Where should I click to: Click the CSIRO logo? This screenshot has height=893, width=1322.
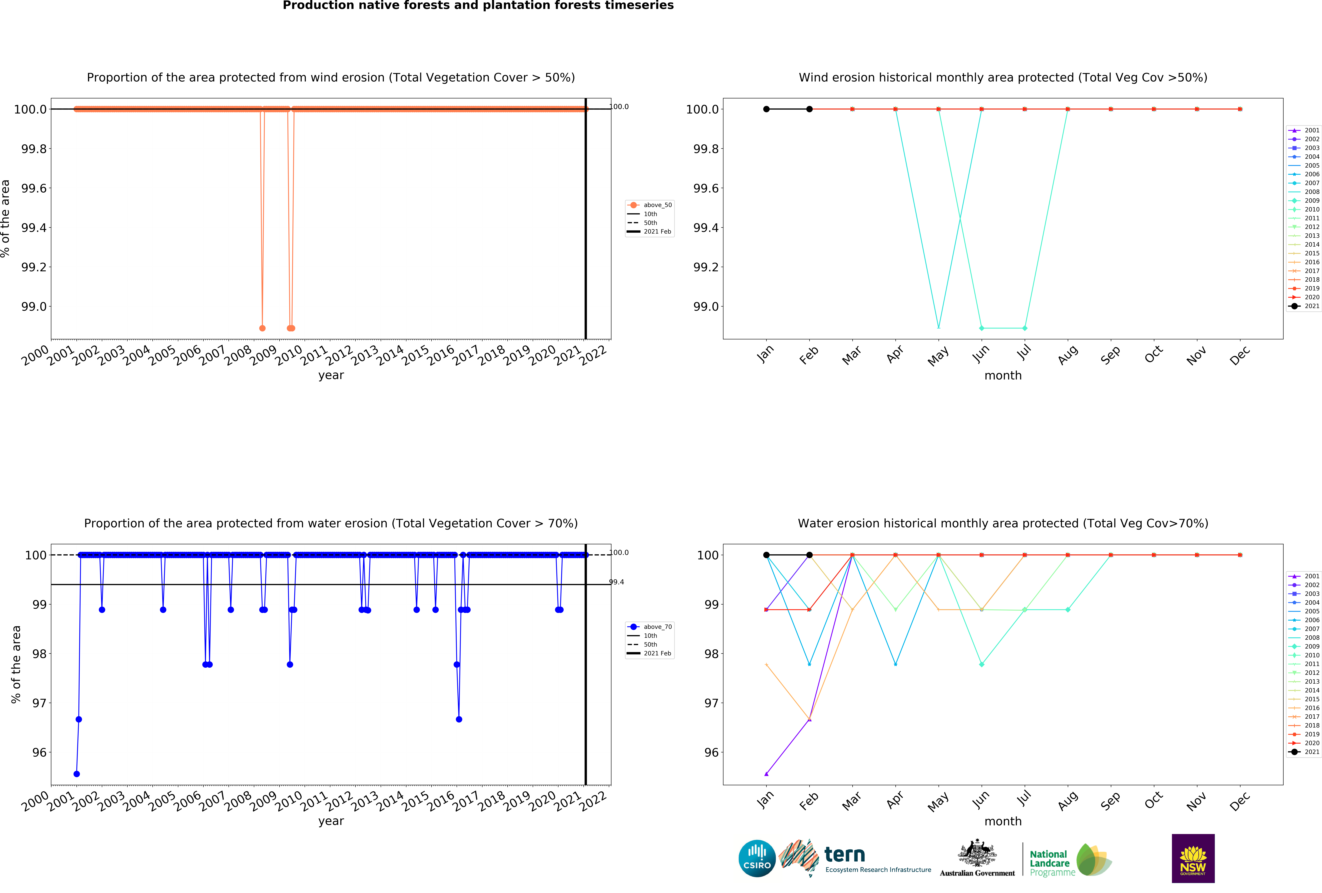coord(757,858)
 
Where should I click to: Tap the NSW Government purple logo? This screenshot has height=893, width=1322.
coord(1193,858)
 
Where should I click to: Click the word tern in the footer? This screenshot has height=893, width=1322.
coord(845,854)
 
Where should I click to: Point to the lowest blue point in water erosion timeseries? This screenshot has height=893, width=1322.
coord(77,774)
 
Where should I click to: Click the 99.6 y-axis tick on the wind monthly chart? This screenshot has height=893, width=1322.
coord(705,188)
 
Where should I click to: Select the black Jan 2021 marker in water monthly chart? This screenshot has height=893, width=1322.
coord(766,555)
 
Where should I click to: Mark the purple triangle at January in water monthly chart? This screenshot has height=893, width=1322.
coord(766,774)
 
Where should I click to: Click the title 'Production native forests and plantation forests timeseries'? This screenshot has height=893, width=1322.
coord(478,6)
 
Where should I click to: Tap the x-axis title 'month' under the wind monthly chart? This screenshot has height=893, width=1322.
coord(1003,376)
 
